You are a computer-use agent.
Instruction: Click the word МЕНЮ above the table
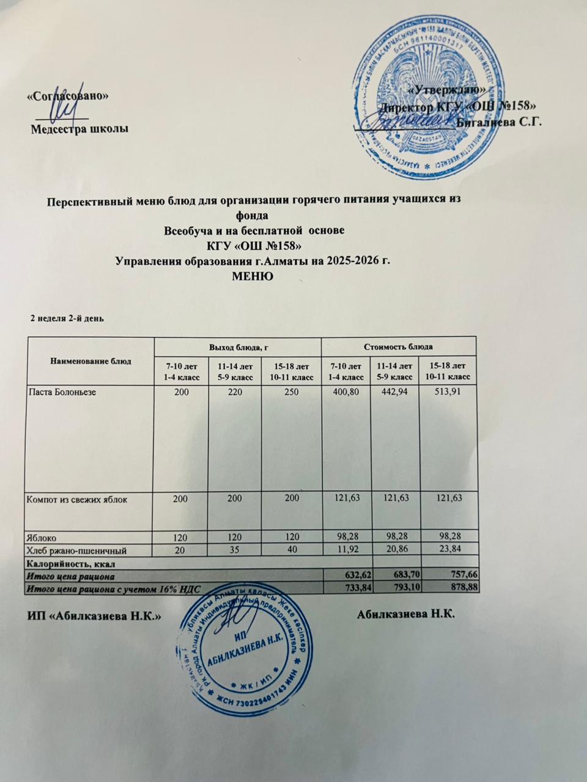[253, 276]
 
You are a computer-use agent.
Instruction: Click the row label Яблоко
[42, 538]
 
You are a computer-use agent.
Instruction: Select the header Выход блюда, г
[238, 347]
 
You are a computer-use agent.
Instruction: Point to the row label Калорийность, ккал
[70, 563]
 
